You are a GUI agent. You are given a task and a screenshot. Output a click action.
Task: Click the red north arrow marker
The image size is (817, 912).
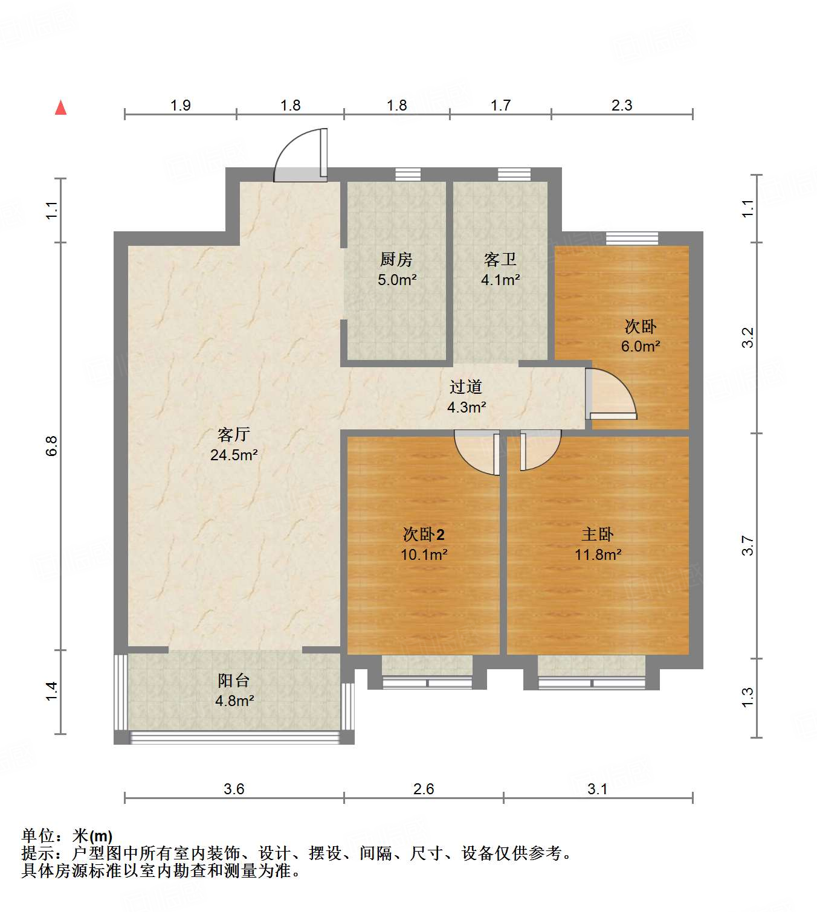point(61,108)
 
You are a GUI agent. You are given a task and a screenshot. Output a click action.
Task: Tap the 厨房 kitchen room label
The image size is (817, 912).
point(396,260)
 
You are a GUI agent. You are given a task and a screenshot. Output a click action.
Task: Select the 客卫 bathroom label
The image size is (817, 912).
point(500,260)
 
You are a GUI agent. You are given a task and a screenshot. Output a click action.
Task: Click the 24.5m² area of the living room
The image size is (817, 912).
point(234,455)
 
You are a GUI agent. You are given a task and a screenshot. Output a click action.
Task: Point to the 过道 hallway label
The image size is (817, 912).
point(466,387)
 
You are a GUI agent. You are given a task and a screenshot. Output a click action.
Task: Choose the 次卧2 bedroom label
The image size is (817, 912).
point(424,535)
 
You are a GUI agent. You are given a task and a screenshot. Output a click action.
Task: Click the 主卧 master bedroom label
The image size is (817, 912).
point(598,535)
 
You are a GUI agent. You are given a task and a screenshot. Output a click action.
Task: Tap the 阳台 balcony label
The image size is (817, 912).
point(234,681)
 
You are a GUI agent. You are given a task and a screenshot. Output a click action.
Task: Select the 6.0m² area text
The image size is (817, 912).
point(641,347)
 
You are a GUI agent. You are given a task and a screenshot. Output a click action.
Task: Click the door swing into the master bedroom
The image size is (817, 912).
point(539,450)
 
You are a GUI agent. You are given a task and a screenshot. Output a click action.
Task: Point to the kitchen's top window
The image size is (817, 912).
point(408,175)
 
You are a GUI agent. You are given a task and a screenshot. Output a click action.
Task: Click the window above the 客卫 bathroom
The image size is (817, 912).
point(514,175)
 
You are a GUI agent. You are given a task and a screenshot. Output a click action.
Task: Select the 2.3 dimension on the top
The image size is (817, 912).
point(622,106)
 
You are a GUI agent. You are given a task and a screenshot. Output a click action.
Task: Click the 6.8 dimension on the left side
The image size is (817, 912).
point(52,446)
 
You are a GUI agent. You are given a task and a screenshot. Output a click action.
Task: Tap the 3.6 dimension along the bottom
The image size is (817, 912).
point(234,789)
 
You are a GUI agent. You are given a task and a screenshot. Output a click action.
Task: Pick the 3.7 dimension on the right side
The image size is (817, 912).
point(748,545)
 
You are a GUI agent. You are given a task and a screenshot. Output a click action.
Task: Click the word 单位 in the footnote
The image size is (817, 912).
point(39,836)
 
